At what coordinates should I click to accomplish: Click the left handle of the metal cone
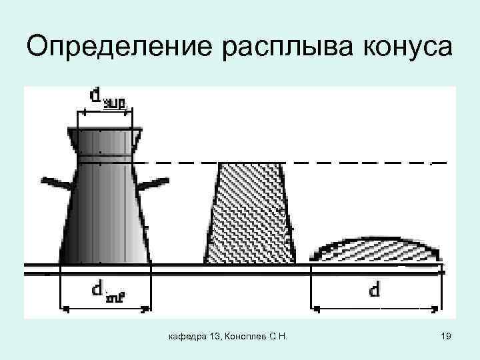click(55, 181)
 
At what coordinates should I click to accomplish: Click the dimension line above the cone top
click(105, 113)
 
